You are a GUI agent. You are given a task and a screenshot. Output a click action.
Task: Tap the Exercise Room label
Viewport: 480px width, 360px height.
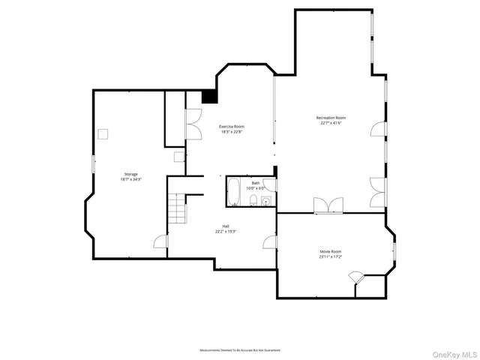[231, 127]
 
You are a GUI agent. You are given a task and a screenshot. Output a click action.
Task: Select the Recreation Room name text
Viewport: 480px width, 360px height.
[330, 118]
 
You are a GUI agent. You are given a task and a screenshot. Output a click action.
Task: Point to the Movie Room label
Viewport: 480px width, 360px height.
[330, 251]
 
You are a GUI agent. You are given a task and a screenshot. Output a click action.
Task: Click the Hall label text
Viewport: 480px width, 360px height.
[225, 226]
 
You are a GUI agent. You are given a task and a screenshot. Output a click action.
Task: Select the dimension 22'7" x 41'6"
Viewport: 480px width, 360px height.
[330, 124]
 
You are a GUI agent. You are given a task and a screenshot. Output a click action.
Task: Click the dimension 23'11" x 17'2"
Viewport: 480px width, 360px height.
[330, 257]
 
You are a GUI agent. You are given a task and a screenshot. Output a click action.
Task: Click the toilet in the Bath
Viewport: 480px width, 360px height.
[254, 200]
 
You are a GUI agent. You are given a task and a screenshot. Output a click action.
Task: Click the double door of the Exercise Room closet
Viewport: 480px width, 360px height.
[193, 125]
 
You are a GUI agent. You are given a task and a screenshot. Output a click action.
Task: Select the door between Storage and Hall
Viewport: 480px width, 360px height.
[160, 241]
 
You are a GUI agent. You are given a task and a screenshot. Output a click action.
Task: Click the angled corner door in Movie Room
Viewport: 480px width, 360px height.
[356, 278]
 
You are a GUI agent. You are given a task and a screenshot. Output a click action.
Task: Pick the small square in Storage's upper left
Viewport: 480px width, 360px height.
[104, 133]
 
